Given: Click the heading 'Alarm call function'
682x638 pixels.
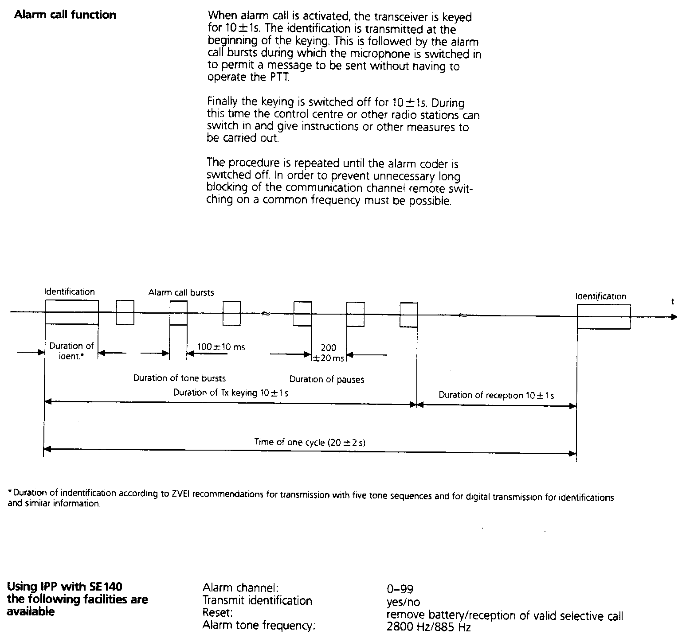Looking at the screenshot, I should [65, 15].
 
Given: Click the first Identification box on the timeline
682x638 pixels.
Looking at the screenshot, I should [71, 312].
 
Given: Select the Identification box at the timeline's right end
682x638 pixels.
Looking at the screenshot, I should [603, 317].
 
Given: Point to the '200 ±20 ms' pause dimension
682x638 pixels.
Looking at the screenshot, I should [329, 353].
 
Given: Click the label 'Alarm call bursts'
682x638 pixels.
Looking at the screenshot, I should [181, 292].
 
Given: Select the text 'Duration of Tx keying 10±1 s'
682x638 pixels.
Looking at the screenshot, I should [231, 393].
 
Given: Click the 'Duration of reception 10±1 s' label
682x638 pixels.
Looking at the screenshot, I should [496, 395].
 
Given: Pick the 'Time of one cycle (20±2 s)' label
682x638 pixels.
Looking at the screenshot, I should [310, 442].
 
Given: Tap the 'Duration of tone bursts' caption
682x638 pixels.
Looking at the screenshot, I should [180, 378].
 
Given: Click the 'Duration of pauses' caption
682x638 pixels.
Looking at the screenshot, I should [327, 379].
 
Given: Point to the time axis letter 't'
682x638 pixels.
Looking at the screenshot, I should [672, 302].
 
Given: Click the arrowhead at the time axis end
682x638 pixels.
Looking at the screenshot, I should [674, 317].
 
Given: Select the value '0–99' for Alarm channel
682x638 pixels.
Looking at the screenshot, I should [400, 589].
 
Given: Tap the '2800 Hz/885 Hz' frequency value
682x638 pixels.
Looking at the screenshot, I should [428, 627].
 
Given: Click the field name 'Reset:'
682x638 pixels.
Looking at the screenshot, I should [218, 613].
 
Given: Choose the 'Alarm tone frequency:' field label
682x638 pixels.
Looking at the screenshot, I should [259, 626].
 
